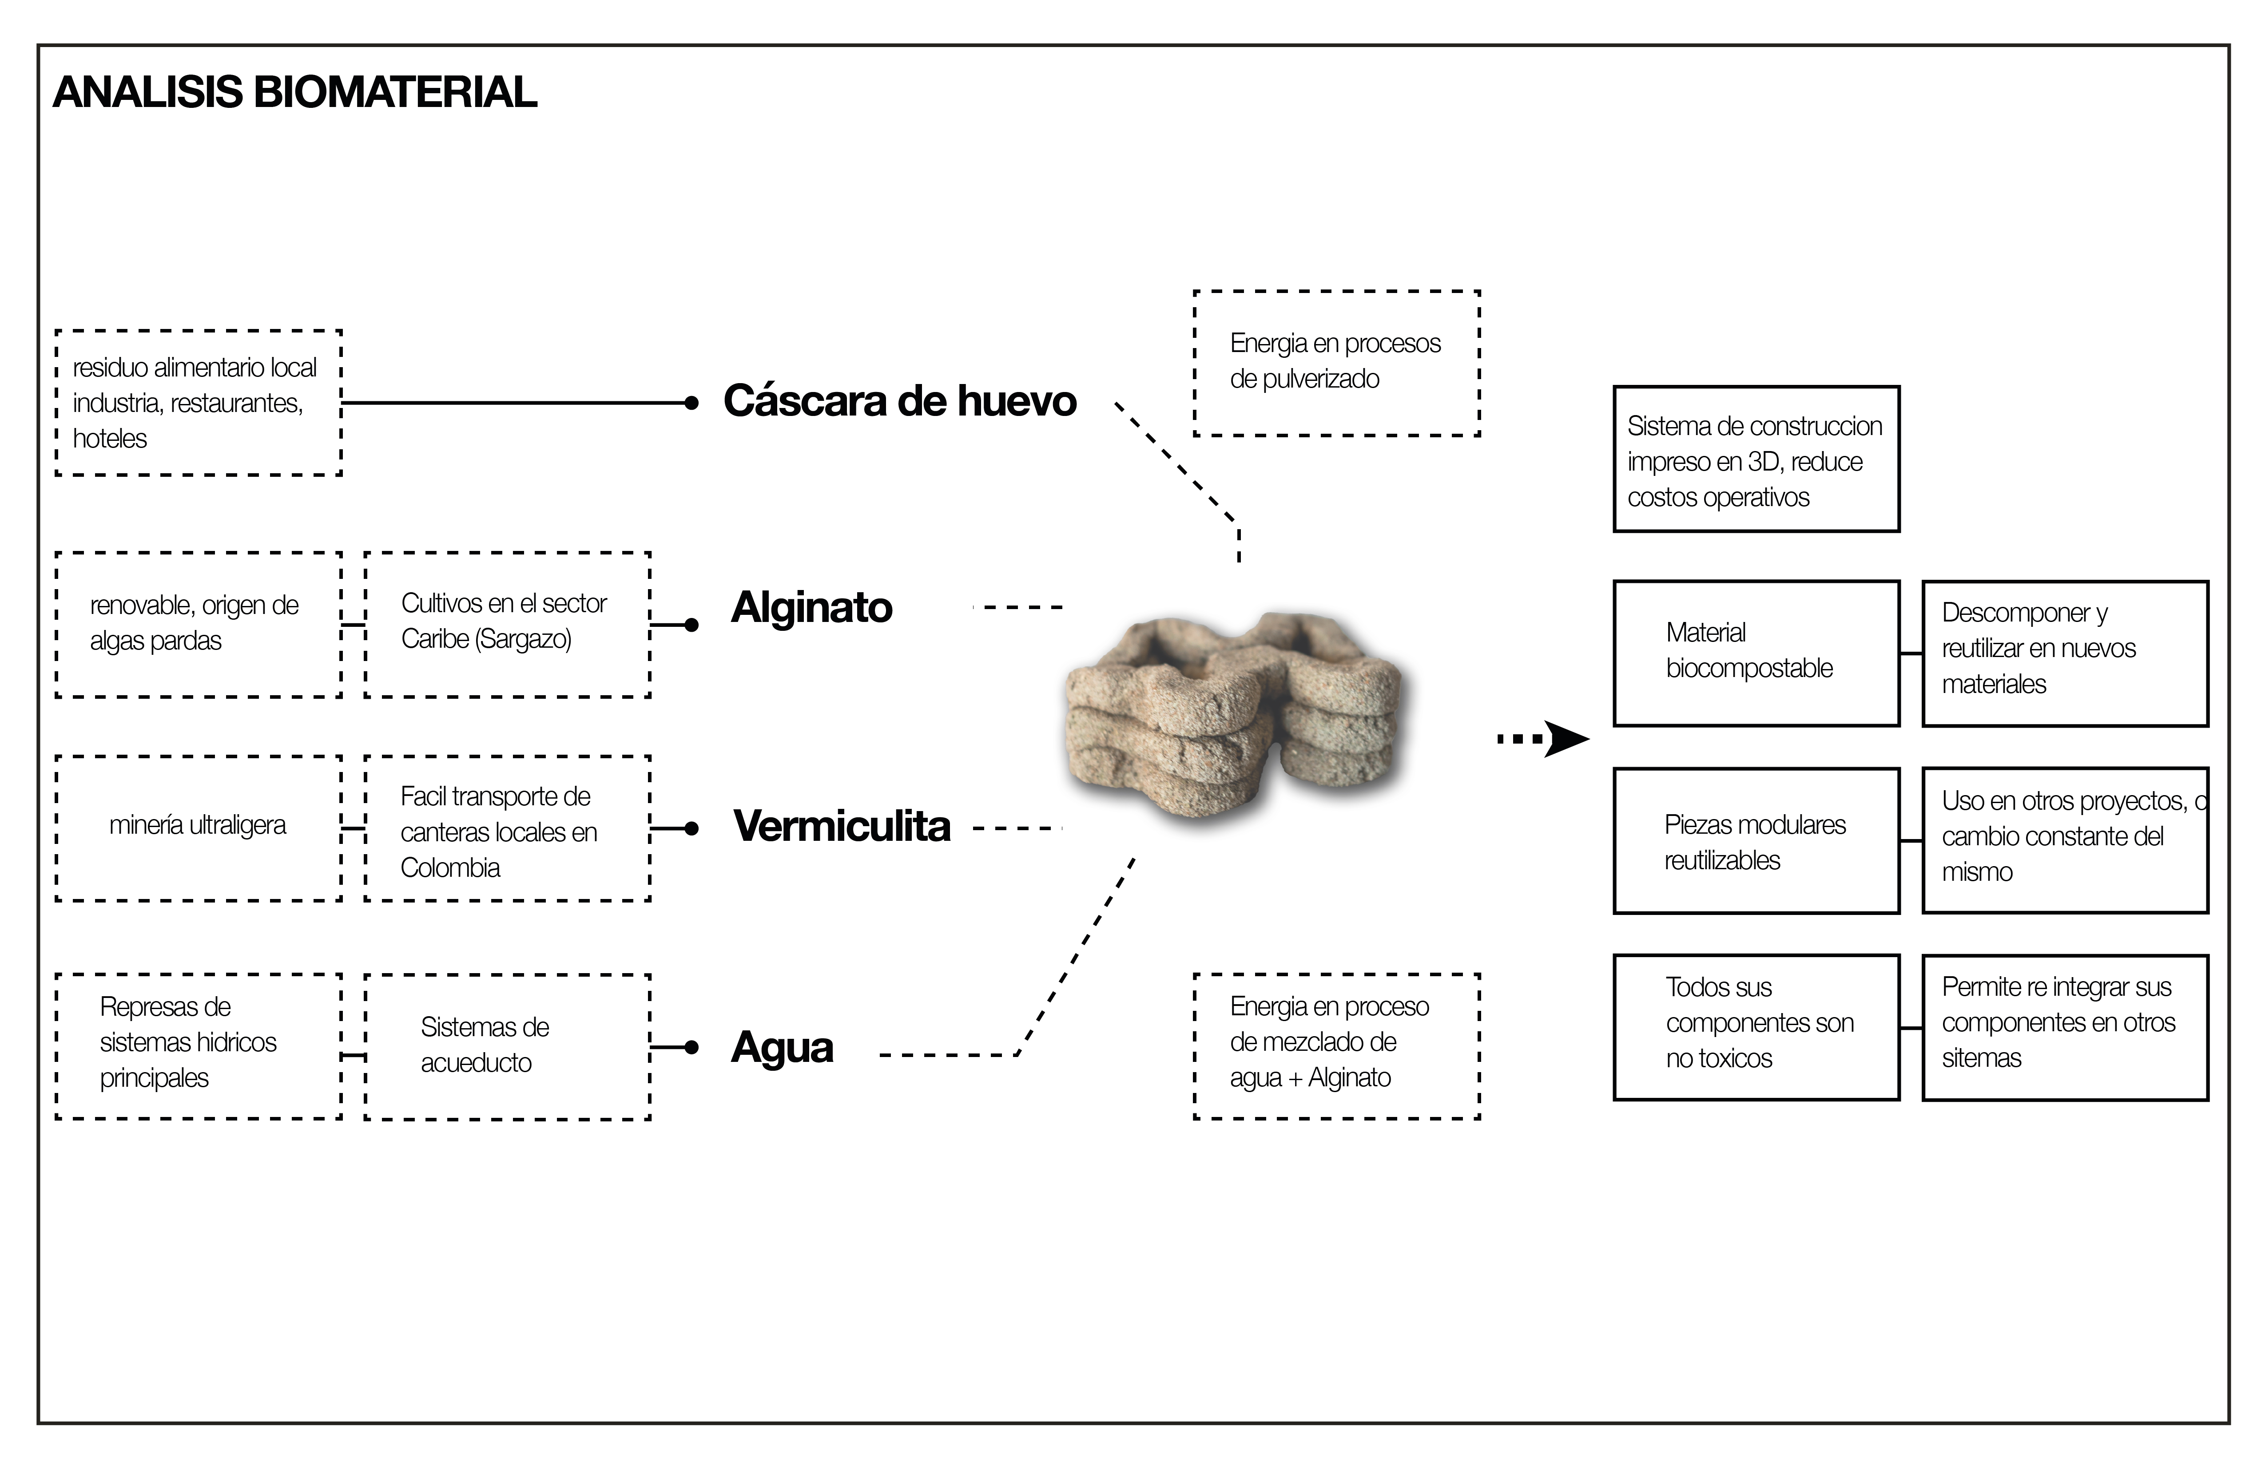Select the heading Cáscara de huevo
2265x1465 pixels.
[899, 400]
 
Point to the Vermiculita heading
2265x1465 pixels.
[841, 826]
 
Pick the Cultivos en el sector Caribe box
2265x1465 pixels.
[507, 624]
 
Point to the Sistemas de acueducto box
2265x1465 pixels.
[507, 1046]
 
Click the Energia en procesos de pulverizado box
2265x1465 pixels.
[1336, 362]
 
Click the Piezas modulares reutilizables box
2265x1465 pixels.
[1756, 841]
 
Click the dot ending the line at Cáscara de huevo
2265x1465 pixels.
[692, 404]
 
